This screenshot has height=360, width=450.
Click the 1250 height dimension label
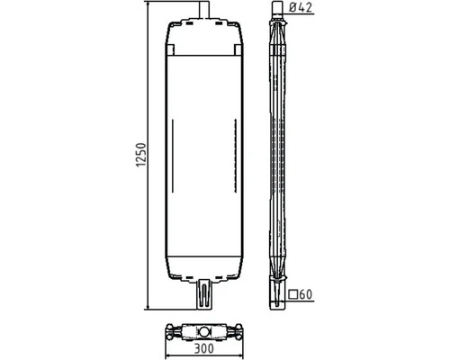point(141,155)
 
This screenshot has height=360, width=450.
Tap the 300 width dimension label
point(204,348)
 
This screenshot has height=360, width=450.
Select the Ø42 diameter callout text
point(301,7)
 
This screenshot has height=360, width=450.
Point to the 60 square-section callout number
point(306,294)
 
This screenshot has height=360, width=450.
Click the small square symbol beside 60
point(293,294)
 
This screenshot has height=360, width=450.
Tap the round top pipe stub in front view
point(204,10)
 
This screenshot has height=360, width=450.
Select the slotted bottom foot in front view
point(204,294)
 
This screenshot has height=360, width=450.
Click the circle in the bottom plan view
point(204,332)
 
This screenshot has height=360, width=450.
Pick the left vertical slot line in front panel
point(173,156)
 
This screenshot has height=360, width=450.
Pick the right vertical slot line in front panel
point(236,156)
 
